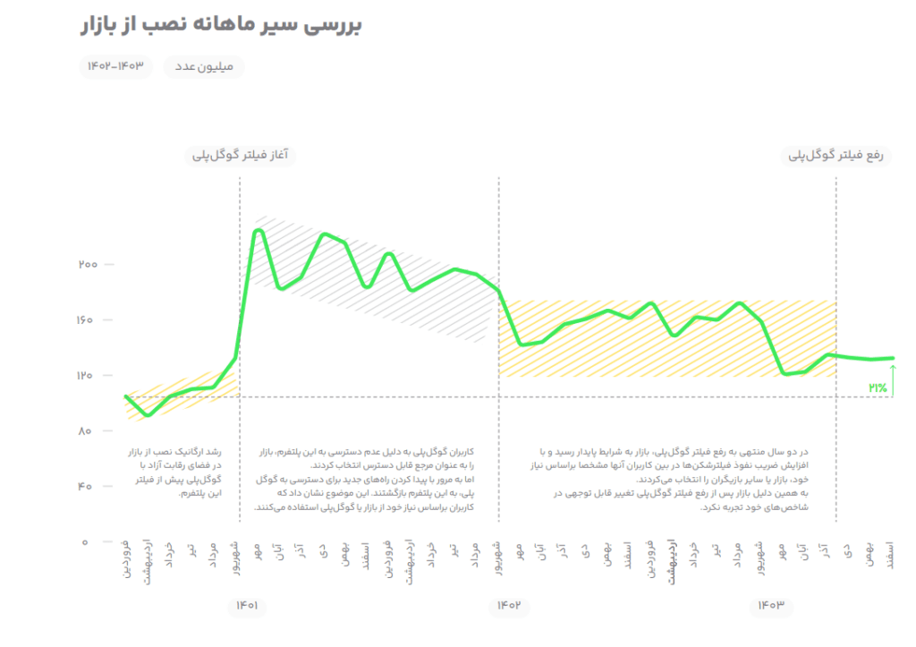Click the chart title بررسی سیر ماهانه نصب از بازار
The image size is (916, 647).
click(220, 24)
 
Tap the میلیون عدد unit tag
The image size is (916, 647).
click(204, 67)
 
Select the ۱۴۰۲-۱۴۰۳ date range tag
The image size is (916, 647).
click(115, 67)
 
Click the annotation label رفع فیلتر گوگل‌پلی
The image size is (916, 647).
click(835, 156)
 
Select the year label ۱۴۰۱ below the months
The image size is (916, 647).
click(247, 606)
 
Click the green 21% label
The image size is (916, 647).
click(877, 387)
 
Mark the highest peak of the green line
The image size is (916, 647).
click(259, 231)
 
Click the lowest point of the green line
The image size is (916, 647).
click(148, 415)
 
